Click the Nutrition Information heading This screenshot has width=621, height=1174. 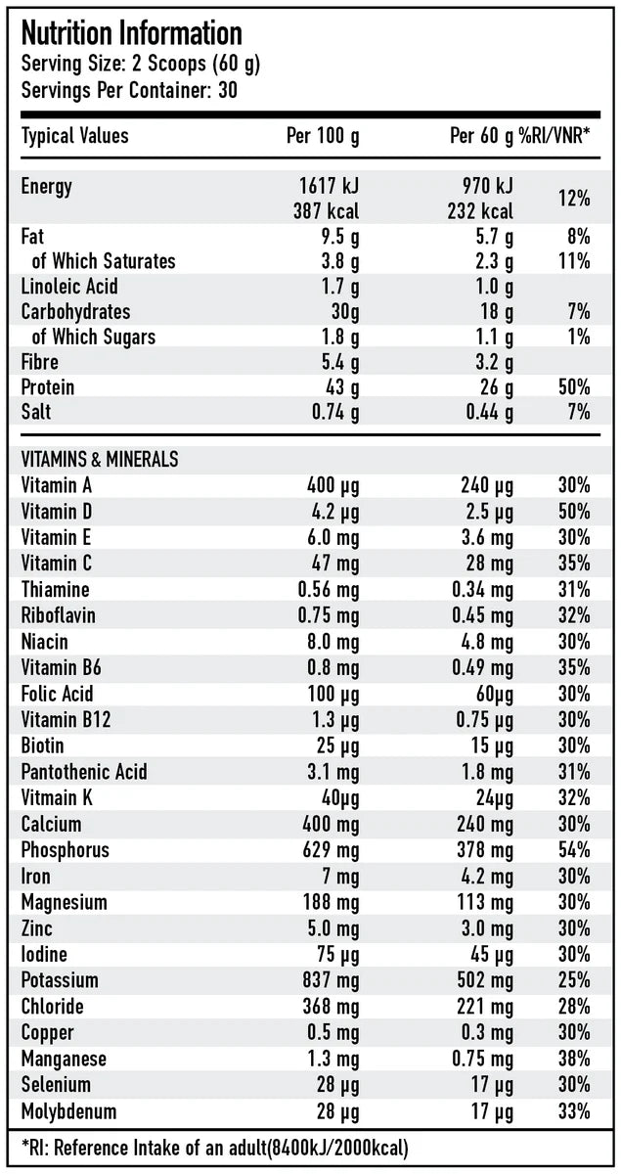[x=131, y=34]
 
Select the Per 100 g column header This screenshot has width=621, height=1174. [x=322, y=136]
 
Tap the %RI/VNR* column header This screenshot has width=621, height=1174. [x=554, y=136]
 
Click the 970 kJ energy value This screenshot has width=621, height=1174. [x=487, y=186]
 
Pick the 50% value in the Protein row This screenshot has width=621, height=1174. [x=574, y=387]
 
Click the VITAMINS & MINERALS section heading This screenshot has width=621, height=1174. [x=99, y=459]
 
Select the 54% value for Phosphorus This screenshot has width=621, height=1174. [x=574, y=850]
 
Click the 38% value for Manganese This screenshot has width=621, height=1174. [x=574, y=1059]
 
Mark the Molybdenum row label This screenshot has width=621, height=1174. [x=68, y=1111]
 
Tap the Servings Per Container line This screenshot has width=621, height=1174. [x=131, y=90]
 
